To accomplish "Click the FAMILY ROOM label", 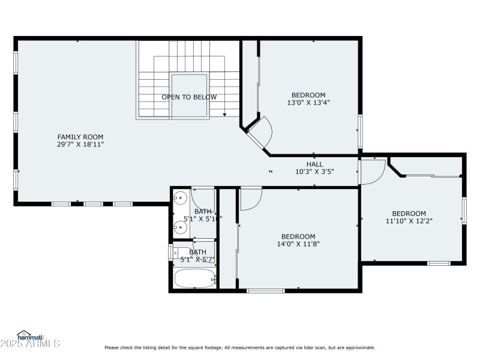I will (x=80, y=137).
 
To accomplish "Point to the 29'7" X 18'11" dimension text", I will (x=80, y=145).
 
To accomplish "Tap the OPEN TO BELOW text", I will (x=189, y=97).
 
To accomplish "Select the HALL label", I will (x=314, y=164).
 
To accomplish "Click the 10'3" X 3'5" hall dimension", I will (x=314, y=172).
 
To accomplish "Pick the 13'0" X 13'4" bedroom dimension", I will (x=308, y=103).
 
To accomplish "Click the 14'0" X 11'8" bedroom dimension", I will (x=298, y=244).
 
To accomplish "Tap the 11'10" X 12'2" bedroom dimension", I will (x=409, y=221).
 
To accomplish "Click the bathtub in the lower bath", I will (x=194, y=278).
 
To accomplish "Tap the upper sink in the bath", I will (x=179, y=197).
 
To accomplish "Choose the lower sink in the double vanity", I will (x=179, y=226).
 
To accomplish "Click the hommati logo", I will (x=29, y=336).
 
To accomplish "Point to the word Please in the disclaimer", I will (x=112, y=347).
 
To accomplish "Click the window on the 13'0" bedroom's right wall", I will (x=360, y=130).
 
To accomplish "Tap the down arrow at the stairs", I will (x=224, y=114).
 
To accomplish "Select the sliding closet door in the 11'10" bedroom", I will (x=432, y=176).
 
